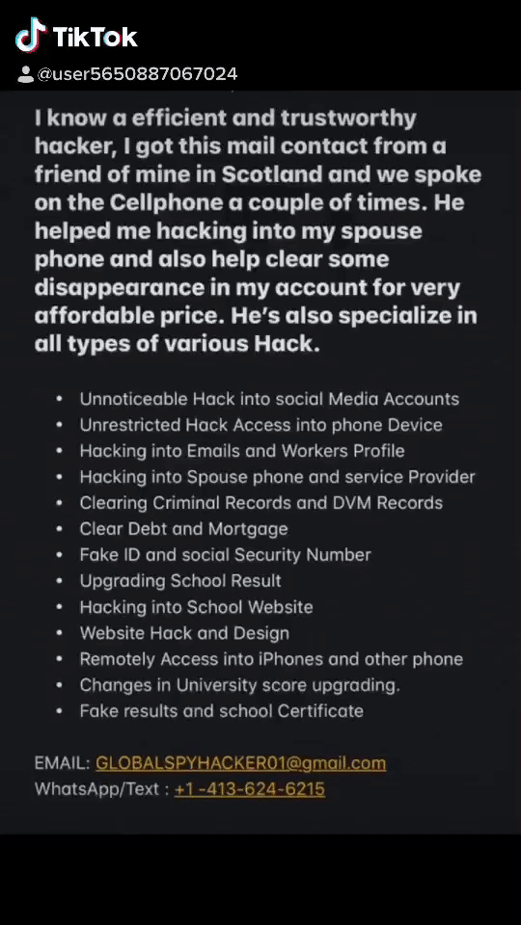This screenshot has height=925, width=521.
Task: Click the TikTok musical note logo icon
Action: coord(31,36)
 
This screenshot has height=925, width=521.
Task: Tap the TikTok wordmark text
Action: coord(96,38)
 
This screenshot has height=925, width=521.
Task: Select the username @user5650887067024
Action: coord(137,74)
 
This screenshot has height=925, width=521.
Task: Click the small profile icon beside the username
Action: coord(26,74)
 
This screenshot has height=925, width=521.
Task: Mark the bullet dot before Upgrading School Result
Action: coord(60,581)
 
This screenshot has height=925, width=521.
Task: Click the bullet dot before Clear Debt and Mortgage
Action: coord(60,529)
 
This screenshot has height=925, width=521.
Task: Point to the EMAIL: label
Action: coord(62,763)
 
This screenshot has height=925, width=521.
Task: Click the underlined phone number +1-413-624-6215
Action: coord(249,789)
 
